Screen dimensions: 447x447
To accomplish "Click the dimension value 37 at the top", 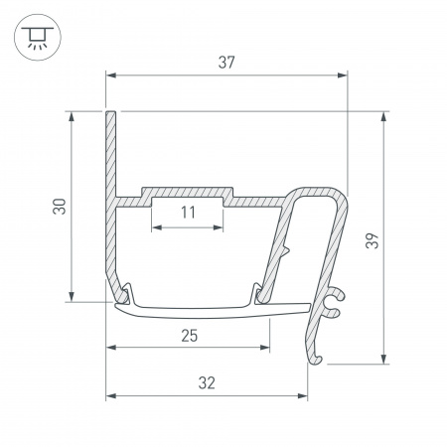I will (227, 63).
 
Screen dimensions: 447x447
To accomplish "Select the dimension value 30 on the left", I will (60, 207).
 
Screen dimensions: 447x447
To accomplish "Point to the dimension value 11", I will (188, 212).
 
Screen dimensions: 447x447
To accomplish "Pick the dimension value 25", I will (188, 335).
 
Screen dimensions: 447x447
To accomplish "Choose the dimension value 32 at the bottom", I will (207, 382).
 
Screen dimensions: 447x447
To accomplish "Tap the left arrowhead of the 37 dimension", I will (111, 75).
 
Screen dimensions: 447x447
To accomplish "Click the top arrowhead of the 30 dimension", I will (73, 116).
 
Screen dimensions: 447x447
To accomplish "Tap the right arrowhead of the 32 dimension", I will (303, 396).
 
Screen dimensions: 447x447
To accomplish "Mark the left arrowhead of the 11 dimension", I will (156, 226).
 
